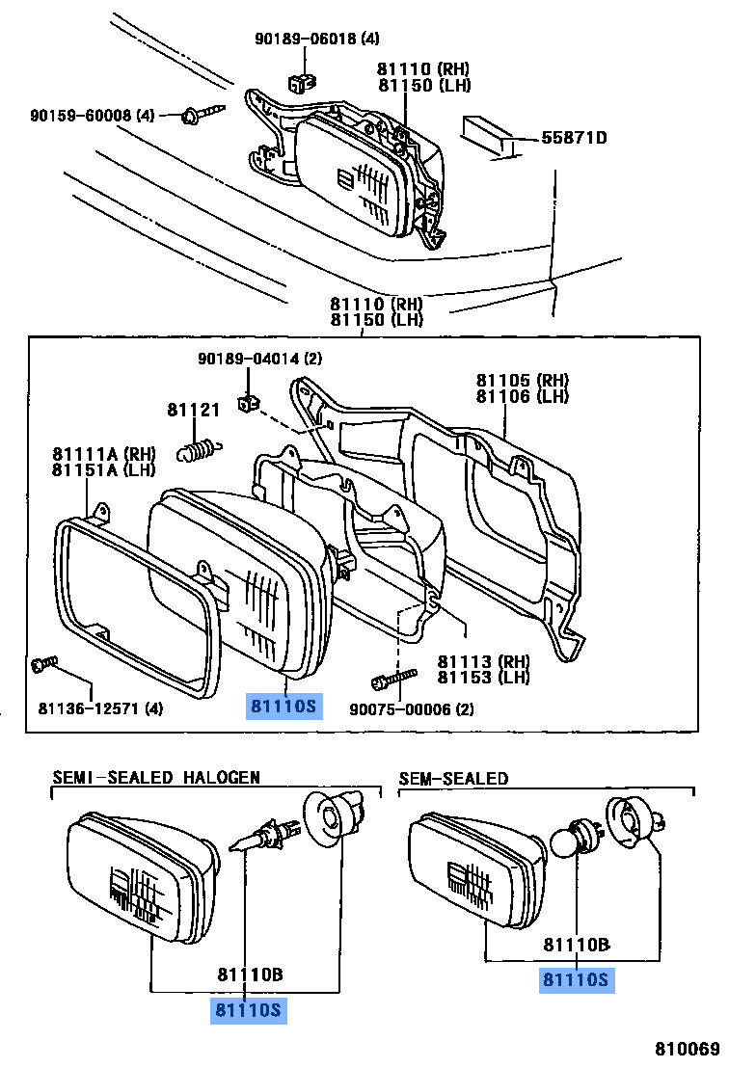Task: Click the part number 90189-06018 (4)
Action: (x=316, y=40)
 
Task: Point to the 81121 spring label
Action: (x=193, y=410)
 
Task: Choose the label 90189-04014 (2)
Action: (x=259, y=359)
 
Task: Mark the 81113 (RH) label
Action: (x=484, y=661)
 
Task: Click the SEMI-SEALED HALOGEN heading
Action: (x=155, y=777)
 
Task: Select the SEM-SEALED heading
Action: (x=453, y=778)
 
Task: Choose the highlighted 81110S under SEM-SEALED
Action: (x=576, y=980)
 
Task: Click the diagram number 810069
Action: (x=688, y=1048)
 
